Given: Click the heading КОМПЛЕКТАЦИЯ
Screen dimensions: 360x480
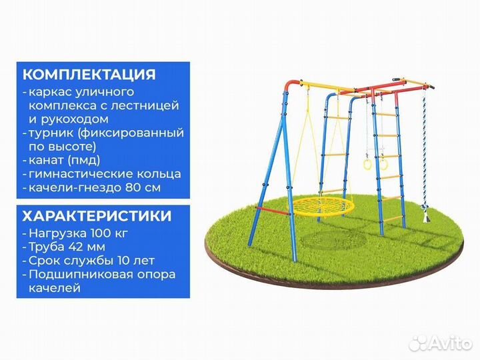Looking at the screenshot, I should click(89, 74).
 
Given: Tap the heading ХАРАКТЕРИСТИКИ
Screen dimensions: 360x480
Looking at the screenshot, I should click(96, 217).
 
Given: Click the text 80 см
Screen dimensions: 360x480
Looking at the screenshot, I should click(143, 187).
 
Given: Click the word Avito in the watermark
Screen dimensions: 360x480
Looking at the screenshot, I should click(447, 343).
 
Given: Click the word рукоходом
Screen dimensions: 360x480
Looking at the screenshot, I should click(67, 119).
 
